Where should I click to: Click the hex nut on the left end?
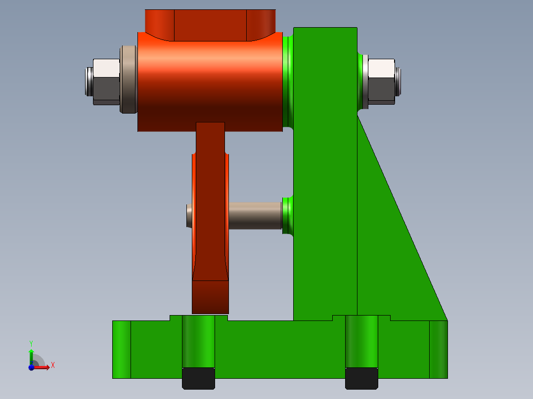106,81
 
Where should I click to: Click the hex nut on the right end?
381,81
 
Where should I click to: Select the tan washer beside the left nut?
129,80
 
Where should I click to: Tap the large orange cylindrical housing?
210,81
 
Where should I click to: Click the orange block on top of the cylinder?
210,25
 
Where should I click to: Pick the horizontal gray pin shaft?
255,215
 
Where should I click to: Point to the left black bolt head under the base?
199,378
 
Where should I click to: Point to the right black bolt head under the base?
361,378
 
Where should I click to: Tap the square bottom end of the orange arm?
210,297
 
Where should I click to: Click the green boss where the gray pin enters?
288,215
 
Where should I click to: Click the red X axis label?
53,365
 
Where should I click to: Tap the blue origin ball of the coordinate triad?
31,367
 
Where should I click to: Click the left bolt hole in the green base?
199,341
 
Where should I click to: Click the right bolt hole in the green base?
361,341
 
